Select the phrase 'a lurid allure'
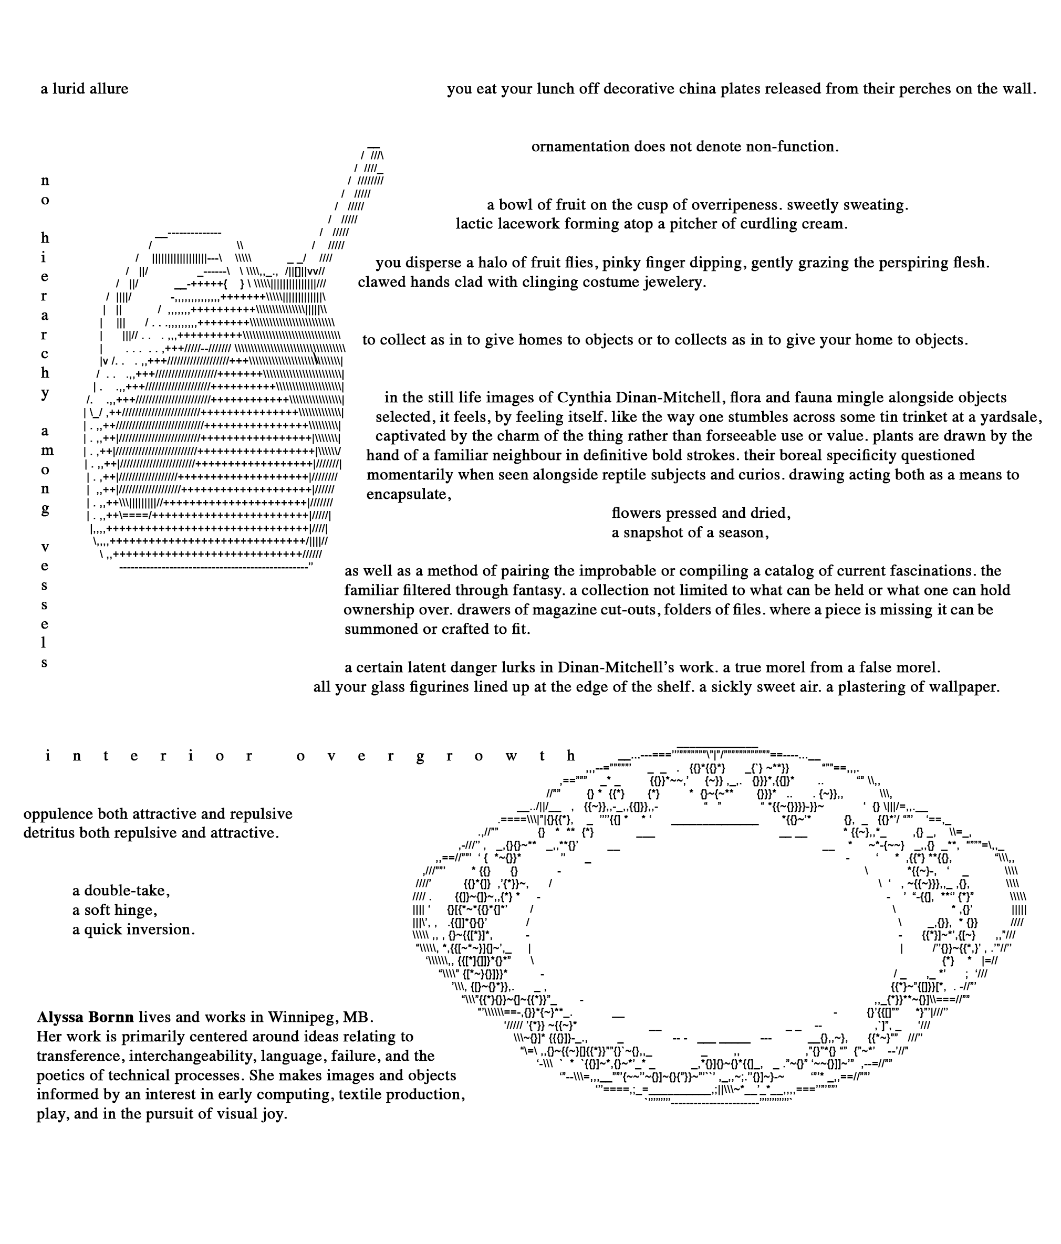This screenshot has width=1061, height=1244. tap(84, 89)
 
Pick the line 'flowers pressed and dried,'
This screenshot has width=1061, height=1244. tap(701, 514)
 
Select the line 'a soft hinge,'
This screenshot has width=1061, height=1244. tap(115, 910)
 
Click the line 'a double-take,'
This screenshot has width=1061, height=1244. tap(121, 891)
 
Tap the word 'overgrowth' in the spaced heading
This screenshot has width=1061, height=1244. tap(436, 756)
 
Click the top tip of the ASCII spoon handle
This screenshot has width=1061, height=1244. tap(374, 146)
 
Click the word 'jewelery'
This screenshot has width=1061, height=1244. tap(674, 281)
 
